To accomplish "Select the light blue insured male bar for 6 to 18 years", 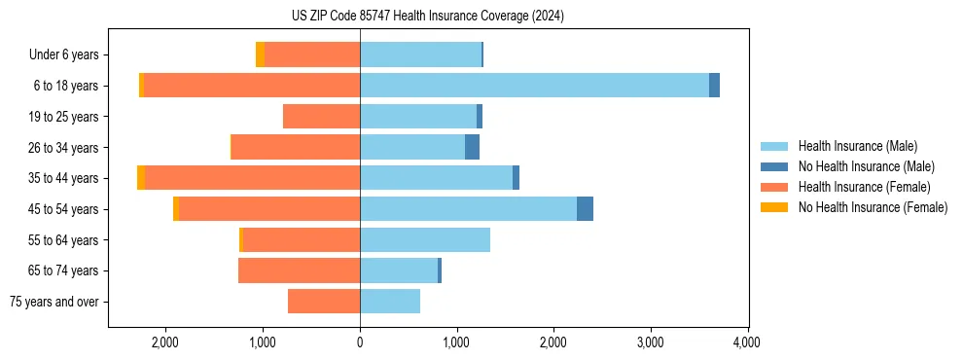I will coord(534,86).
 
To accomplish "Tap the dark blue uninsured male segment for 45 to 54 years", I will coord(585,209).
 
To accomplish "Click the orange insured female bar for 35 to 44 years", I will coord(253,178).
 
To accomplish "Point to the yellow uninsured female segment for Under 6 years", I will coord(260,54).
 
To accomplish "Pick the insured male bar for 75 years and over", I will coord(390,302).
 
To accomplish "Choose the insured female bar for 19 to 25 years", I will coord(321,117).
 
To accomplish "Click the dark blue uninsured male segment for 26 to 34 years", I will coord(472,148).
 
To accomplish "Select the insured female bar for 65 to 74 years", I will coord(299,270).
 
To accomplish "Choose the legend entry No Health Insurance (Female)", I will coord(873,207).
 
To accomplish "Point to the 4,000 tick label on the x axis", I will coord(747,342).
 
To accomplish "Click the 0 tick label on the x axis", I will coord(360,342).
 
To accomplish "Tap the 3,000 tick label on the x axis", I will coord(650,342).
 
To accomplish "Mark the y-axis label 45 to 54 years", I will coord(66,209).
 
